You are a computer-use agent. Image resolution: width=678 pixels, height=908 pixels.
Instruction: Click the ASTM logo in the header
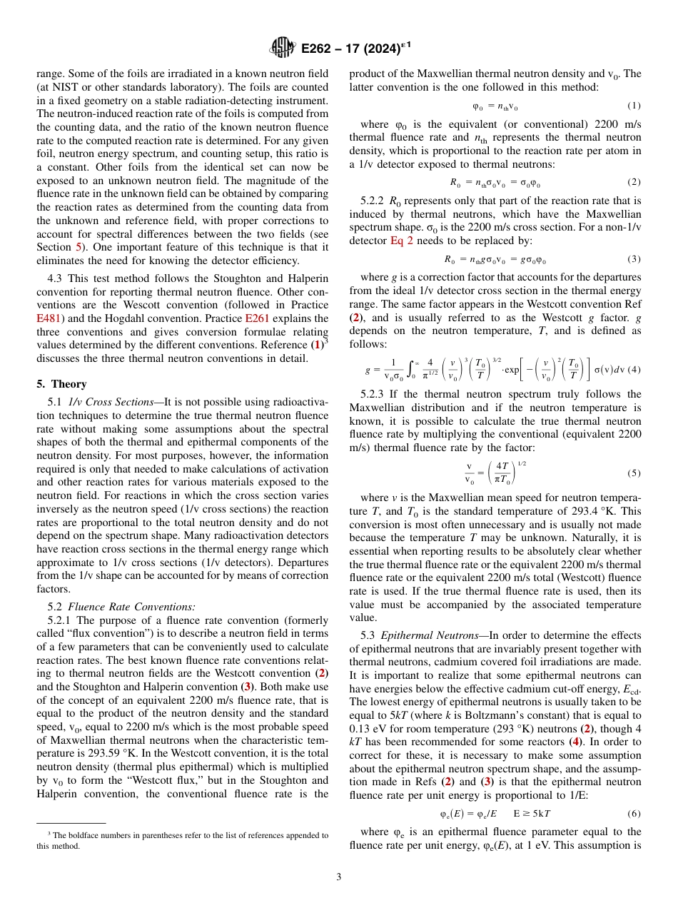283,49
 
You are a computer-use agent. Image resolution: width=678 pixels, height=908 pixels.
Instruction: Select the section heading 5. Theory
61,384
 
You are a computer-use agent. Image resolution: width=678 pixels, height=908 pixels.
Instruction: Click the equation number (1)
633,106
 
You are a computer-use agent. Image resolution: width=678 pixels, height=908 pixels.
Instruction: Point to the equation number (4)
633,369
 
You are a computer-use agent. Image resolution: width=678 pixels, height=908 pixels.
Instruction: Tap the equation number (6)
633,814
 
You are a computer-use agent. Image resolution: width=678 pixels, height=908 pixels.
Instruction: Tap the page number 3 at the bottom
338,877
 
